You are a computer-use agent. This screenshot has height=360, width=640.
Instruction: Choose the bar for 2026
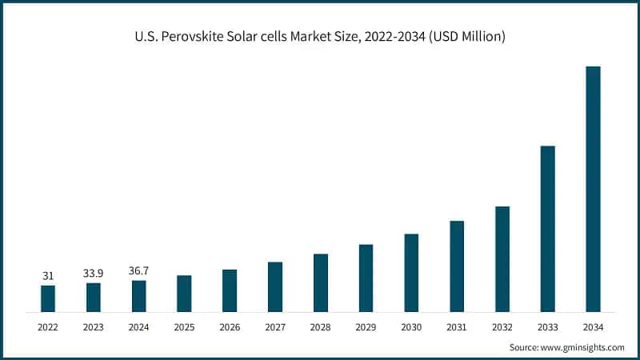(230, 290)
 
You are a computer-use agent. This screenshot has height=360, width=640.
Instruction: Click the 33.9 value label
(94, 274)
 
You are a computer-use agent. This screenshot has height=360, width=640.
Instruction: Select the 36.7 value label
(139, 271)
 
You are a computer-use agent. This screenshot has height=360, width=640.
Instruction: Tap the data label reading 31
(48, 276)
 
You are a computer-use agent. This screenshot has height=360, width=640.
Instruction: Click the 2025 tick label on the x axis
(184, 327)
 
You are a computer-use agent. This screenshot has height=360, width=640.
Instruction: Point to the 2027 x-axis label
(275, 327)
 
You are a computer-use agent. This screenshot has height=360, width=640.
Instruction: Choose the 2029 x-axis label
(366, 327)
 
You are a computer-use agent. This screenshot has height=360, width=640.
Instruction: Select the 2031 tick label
(457, 327)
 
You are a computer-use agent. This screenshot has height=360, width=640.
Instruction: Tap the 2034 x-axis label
(593, 327)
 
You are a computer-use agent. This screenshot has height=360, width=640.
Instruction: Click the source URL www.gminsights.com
(582, 347)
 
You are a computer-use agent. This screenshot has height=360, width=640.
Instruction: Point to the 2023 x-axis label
(94, 327)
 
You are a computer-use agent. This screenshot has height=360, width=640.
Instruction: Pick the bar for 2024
(139, 295)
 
